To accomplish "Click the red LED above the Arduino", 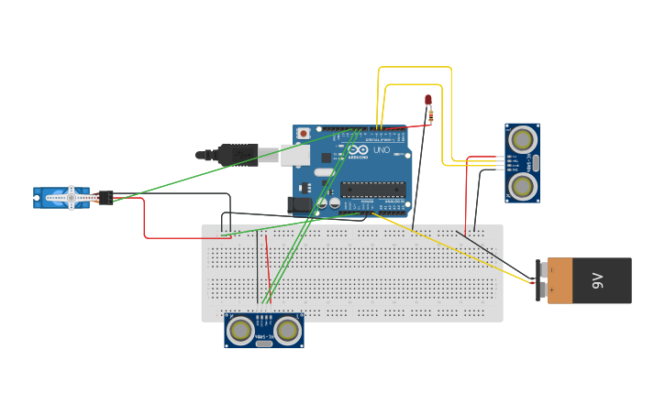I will (x=427, y=100).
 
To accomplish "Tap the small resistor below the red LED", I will (x=429, y=115).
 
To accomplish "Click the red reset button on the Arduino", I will (x=304, y=134).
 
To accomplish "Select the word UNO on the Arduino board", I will (x=381, y=149).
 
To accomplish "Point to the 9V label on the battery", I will (x=597, y=280).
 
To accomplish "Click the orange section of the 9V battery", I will (x=560, y=280).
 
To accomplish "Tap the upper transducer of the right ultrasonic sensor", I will (x=522, y=139).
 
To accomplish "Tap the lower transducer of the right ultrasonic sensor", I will (x=522, y=186).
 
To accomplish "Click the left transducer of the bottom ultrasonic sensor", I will (x=241, y=330).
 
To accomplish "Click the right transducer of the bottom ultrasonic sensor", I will (x=287, y=330).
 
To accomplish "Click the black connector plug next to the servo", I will (x=105, y=197).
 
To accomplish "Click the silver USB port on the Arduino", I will (x=294, y=156).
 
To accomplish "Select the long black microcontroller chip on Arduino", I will (x=372, y=190).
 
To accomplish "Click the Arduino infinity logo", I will (x=357, y=149).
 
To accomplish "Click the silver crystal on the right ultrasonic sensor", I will (x=536, y=163).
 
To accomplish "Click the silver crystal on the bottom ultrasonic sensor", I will (x=264, y=343).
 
